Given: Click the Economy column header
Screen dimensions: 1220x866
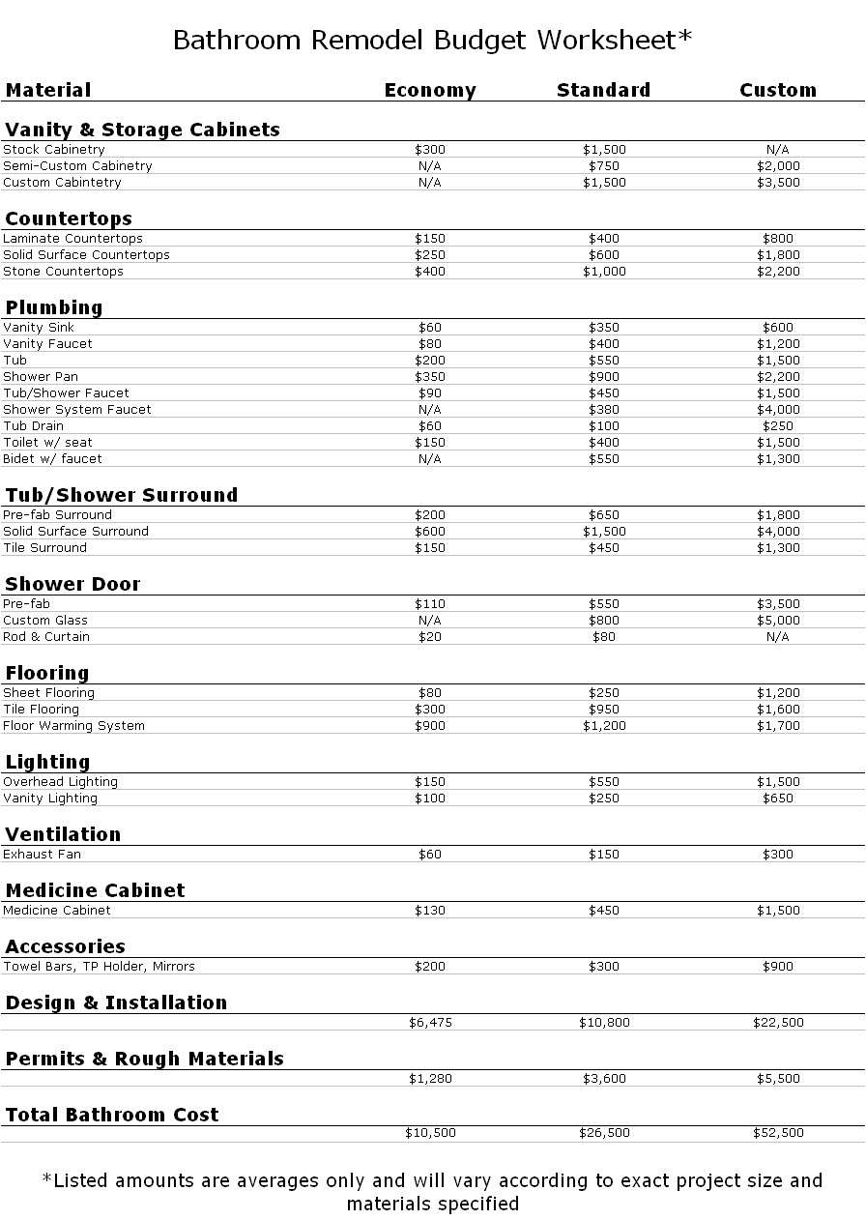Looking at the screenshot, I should point(430,91).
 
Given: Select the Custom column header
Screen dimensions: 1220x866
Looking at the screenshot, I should point(778,91).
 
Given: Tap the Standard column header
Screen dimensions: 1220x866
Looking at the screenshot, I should point(604,91).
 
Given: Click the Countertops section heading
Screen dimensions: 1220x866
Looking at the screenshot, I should point(69,218).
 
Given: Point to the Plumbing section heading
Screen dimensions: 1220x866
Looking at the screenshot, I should point(54,307).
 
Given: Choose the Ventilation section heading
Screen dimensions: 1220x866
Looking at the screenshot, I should point(63,834).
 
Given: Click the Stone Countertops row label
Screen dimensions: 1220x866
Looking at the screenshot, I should point(64,272).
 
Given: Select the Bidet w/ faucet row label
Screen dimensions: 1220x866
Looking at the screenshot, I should point(52,459).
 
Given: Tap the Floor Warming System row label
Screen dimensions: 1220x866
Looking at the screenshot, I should point(74,726).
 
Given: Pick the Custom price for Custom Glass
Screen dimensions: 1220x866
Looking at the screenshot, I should point(778,621).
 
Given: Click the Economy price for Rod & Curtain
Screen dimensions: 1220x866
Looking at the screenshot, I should point(430,637).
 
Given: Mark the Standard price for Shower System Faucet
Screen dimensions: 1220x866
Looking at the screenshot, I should point(604,410).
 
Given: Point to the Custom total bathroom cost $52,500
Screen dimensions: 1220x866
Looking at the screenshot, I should point(778,1133).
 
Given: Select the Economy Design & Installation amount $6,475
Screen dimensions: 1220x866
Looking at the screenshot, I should point(430,1023).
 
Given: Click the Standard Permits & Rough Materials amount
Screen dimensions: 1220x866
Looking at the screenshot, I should point(604,1079).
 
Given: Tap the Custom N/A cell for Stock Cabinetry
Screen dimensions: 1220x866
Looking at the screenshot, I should point(778,150).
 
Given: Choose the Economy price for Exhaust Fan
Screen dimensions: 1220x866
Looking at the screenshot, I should point(430,855).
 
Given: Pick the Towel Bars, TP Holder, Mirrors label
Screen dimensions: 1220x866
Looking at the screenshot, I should point(100,967).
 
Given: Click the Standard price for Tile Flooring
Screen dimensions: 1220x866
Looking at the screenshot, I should point(604,710).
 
